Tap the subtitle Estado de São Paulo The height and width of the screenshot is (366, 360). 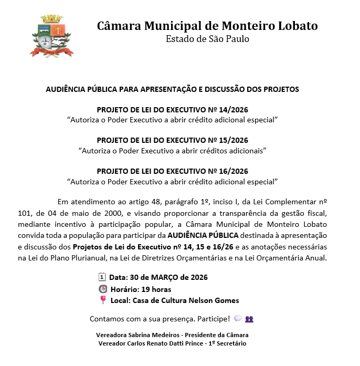click(207, 39)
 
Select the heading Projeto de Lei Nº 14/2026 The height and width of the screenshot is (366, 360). click(173, 110)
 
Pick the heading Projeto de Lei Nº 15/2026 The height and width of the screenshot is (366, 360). click(173, 140)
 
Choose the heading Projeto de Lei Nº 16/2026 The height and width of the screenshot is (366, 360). click(173, 171)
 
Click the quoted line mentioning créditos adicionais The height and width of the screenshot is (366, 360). click(173, 151)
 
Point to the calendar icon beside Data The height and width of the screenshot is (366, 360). click(102, 277)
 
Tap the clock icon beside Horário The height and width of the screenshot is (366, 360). click(102, 289)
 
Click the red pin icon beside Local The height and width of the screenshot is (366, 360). click(102, 300)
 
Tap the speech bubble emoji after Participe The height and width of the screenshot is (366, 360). click(238, 318)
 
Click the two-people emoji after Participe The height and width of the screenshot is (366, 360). click(249, 318)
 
